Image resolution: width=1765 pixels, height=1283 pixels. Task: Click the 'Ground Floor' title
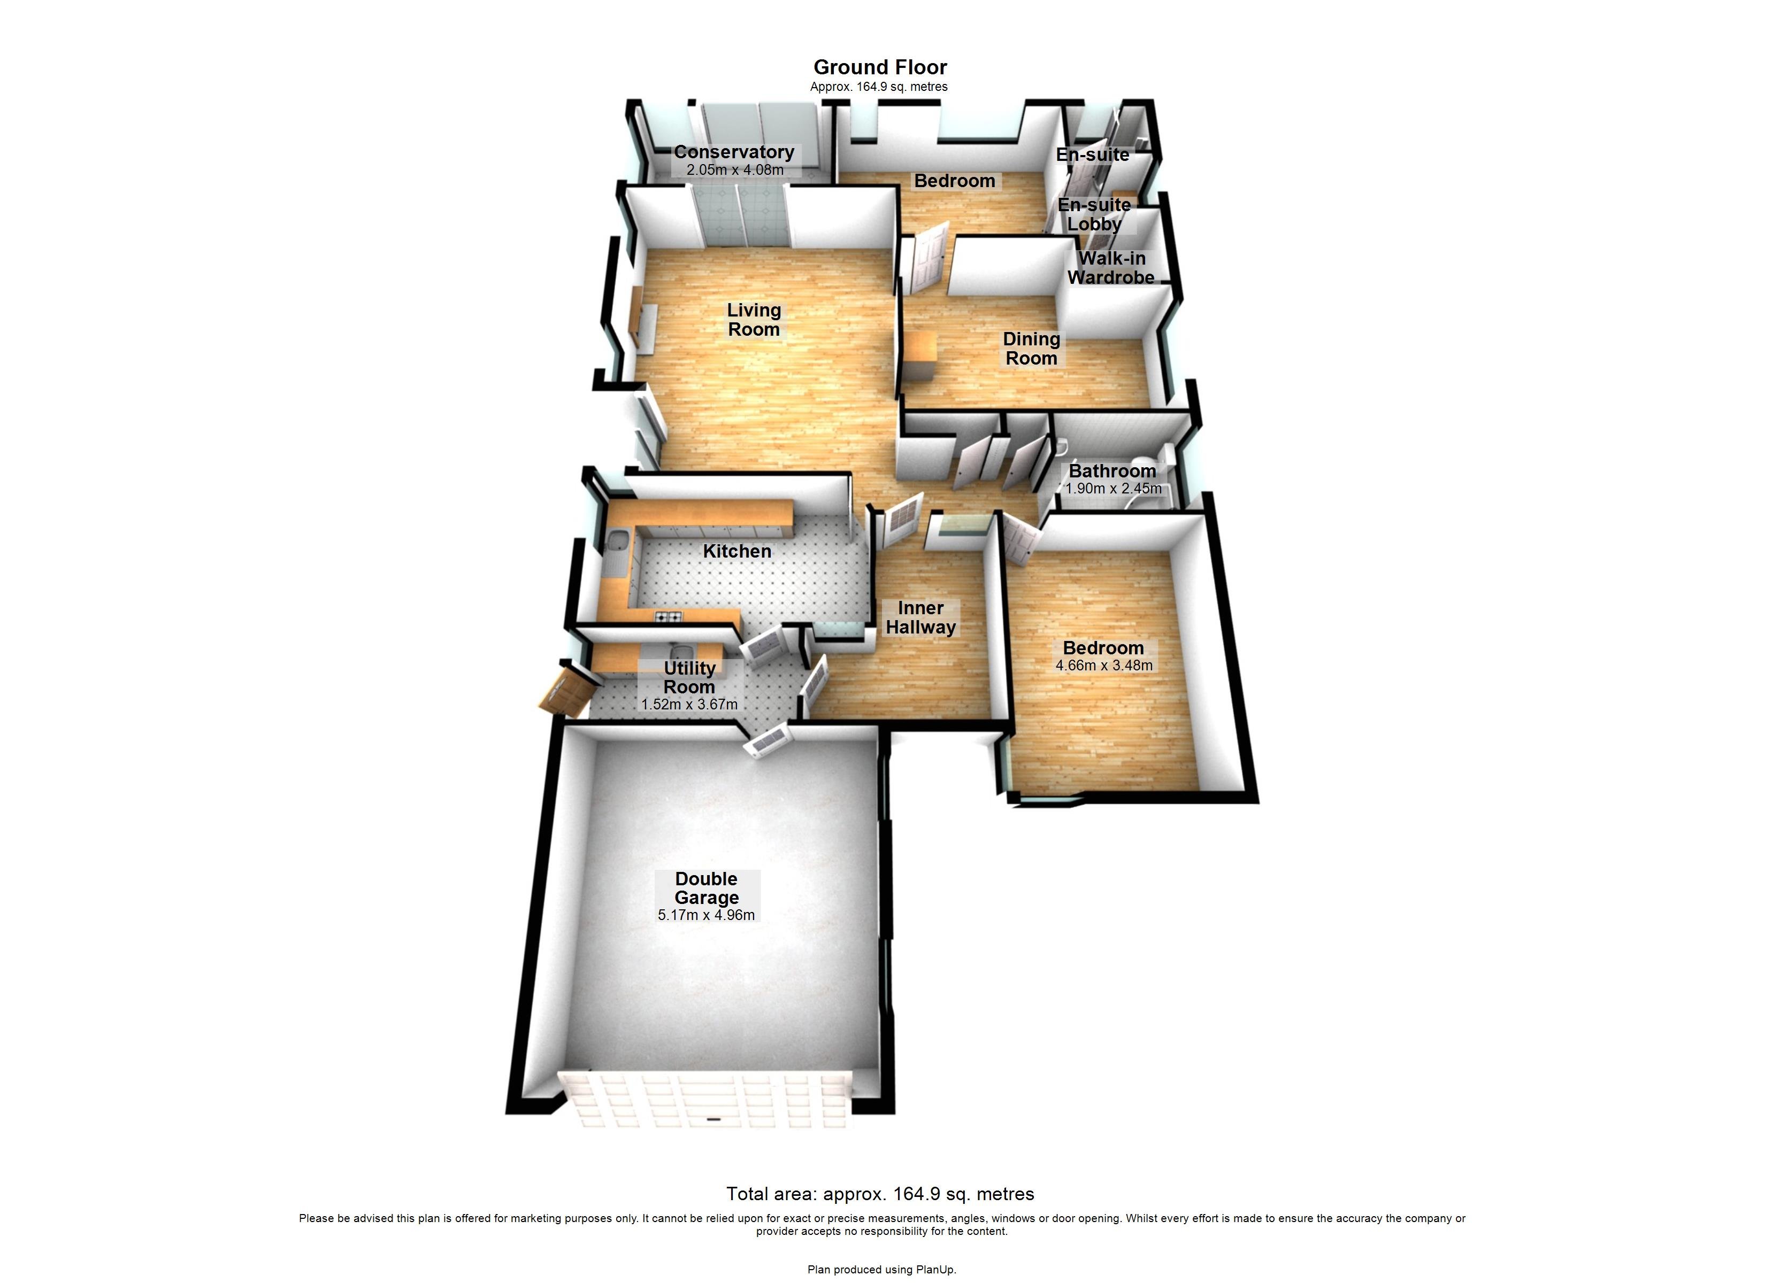click(x=880, y=68)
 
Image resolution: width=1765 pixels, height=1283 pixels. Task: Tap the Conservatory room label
click(x=734, y=152)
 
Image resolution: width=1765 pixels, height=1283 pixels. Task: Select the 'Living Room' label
click(x=753, y=320)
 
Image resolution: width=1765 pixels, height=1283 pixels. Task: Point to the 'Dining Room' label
click(x=1031, y=349)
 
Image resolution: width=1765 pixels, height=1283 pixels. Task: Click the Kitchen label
click(x=737, y=551)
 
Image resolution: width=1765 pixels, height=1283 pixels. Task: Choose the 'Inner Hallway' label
click(x=920, y=618)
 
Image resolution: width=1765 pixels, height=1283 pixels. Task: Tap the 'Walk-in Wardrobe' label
click(x=1111, y=268)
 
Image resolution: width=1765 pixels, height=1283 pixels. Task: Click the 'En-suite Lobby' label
click(x=1094, y=214)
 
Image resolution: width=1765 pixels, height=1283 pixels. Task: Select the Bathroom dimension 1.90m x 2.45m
click(x=1113, y=489)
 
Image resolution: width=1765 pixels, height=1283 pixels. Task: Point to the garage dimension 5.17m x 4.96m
click(x=706, y=916)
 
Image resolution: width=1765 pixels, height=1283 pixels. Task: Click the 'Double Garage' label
click(x=706, y=888)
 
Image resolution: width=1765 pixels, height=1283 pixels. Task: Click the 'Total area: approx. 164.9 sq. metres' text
click(x=880, y=1194)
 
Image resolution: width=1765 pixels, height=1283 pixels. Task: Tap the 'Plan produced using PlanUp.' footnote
click(x=882, y=1270)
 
